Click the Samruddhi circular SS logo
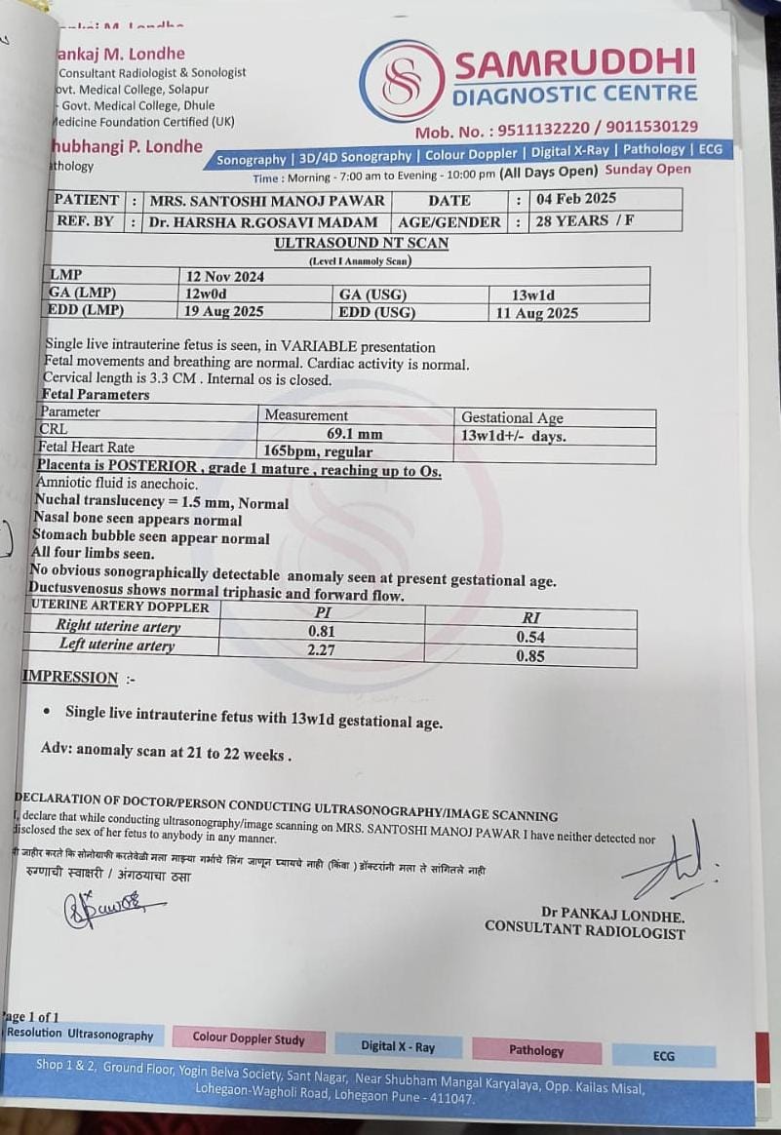tap(402, 81)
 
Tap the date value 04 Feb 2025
tap(576, 199)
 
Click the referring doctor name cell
tap(262, 221)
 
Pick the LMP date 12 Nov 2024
tap(225, 276)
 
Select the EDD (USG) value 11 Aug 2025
tap(536, 313)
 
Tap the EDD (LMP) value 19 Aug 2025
tap(224, 311)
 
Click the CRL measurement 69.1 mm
tap(355, 434)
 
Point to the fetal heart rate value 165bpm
tap(318, 451)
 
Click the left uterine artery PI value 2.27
tap(322, 648)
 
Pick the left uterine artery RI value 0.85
tap(529, 656)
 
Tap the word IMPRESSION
tap(70, 678)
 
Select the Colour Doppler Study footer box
tap(248, 1039)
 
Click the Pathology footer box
tap(535, 1050)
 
